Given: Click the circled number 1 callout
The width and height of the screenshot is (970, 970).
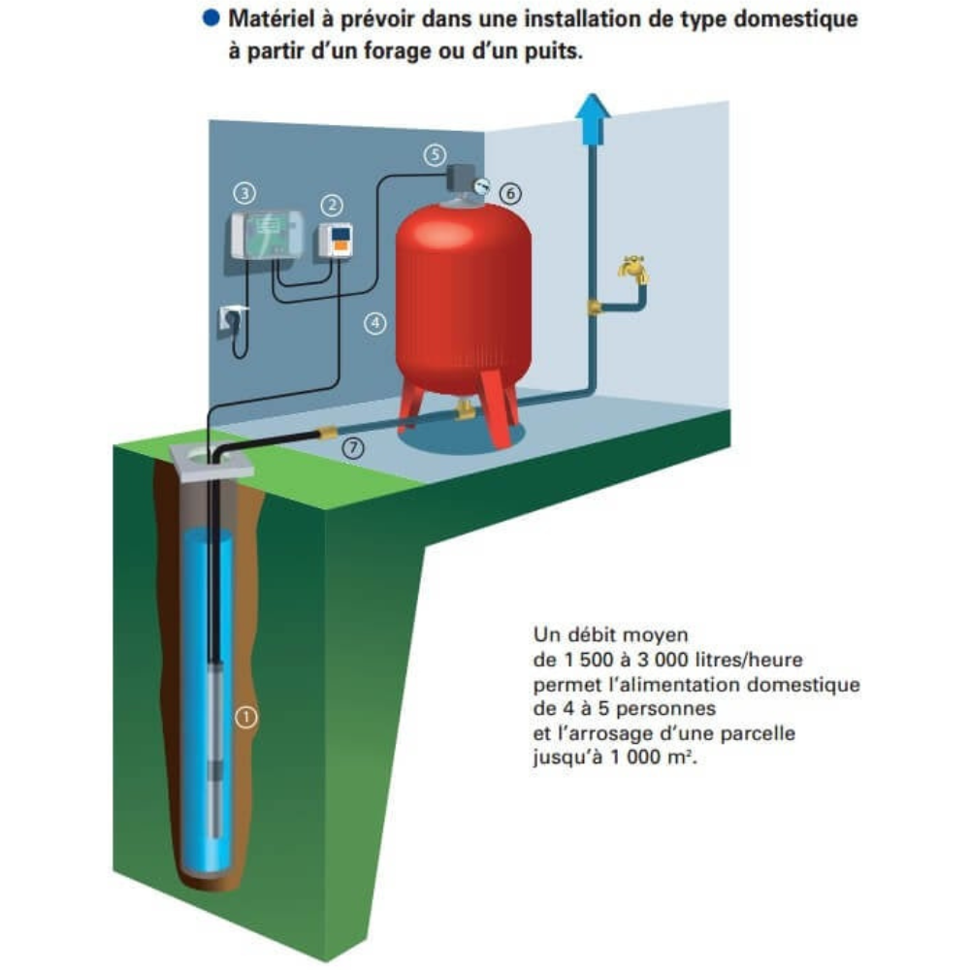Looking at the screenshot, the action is tap(246, 717).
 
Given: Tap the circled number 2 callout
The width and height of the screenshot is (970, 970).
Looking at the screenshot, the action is tap(332, 205).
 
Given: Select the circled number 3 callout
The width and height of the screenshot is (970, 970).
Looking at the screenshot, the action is tap(244, 194).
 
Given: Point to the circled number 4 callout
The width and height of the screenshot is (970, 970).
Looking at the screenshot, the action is tap(374, 323).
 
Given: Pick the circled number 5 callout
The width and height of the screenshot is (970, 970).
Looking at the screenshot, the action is tap(435, 154).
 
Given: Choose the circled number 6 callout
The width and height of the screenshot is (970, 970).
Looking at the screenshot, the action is tap(510, 194).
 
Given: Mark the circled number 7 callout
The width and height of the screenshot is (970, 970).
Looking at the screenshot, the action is tap(353, 448).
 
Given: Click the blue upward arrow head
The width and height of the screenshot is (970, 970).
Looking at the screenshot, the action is tap(593, 110).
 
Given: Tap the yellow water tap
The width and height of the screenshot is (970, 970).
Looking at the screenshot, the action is tap(632, 268).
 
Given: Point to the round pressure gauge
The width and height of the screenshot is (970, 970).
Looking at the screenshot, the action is tap(481, 185).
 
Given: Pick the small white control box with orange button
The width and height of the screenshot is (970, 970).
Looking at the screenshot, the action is tap(336, 240).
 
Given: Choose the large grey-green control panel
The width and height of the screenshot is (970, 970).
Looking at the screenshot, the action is tap(268, 235).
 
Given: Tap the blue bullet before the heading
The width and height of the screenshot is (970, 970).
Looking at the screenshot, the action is tap(210, 18).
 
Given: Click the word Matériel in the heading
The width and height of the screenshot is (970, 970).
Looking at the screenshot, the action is tap(271, 18).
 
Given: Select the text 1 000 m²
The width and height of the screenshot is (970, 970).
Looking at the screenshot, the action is tap(653, 757).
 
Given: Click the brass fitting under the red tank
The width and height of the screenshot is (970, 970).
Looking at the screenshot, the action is tap(464, 409).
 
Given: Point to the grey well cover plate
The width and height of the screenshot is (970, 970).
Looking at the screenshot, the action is tap(211, 461).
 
